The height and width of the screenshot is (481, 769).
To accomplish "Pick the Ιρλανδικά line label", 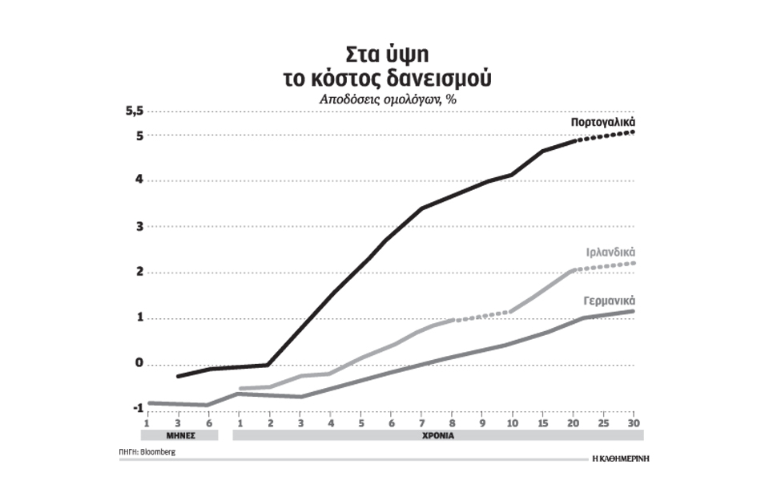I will click(609, 252).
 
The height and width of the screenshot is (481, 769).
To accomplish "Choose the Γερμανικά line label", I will click(608, 301).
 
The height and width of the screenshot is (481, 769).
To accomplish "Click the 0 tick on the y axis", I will click(138, 364).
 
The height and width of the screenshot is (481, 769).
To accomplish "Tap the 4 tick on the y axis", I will click(138, 180).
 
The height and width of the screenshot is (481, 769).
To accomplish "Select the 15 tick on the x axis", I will click(543, 422).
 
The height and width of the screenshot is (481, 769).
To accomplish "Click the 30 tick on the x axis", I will click(633, 422).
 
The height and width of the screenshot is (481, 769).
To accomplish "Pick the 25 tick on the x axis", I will click(603, 422).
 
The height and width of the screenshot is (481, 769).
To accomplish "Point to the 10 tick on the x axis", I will click(513, 422).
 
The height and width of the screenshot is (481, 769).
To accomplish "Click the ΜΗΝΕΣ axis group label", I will click(179, 437).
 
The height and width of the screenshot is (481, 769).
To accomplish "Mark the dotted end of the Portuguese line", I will click(606, 135).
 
